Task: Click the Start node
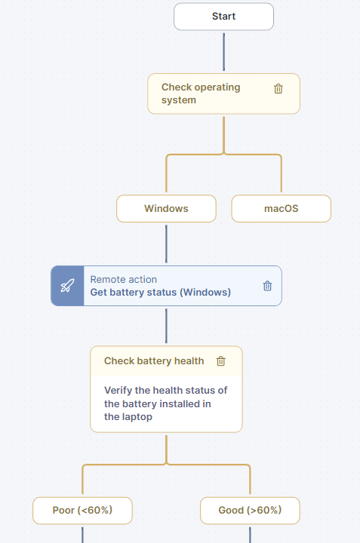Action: click(x=223, y=17)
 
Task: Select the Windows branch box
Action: click(x=166, y=208)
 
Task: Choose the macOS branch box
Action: click(x=281, y=208)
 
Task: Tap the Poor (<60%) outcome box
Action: click(x=82, y=511)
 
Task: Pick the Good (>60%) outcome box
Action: click(x=250, y=511)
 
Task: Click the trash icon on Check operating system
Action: click(x=278, y=89)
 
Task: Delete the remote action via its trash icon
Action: click(x=267, y=286)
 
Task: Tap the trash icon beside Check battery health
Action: click(x=220, y=361)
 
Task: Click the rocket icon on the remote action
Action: click(x=67, y=286)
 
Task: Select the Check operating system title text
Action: click(x=201, y=94)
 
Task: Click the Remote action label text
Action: click(x=123, y=280)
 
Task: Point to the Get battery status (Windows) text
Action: click(x=161, y=293)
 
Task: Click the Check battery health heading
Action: click(x=154, y=360)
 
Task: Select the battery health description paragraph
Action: click(x=165, y=403)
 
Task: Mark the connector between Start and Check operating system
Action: click(x=224, y=52)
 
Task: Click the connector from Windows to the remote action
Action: click(x=166, y=244)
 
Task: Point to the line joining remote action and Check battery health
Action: click(x=166, y=326)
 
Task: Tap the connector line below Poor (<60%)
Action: click(x=82, y=535)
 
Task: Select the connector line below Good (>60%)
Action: click(x=250, y=535)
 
